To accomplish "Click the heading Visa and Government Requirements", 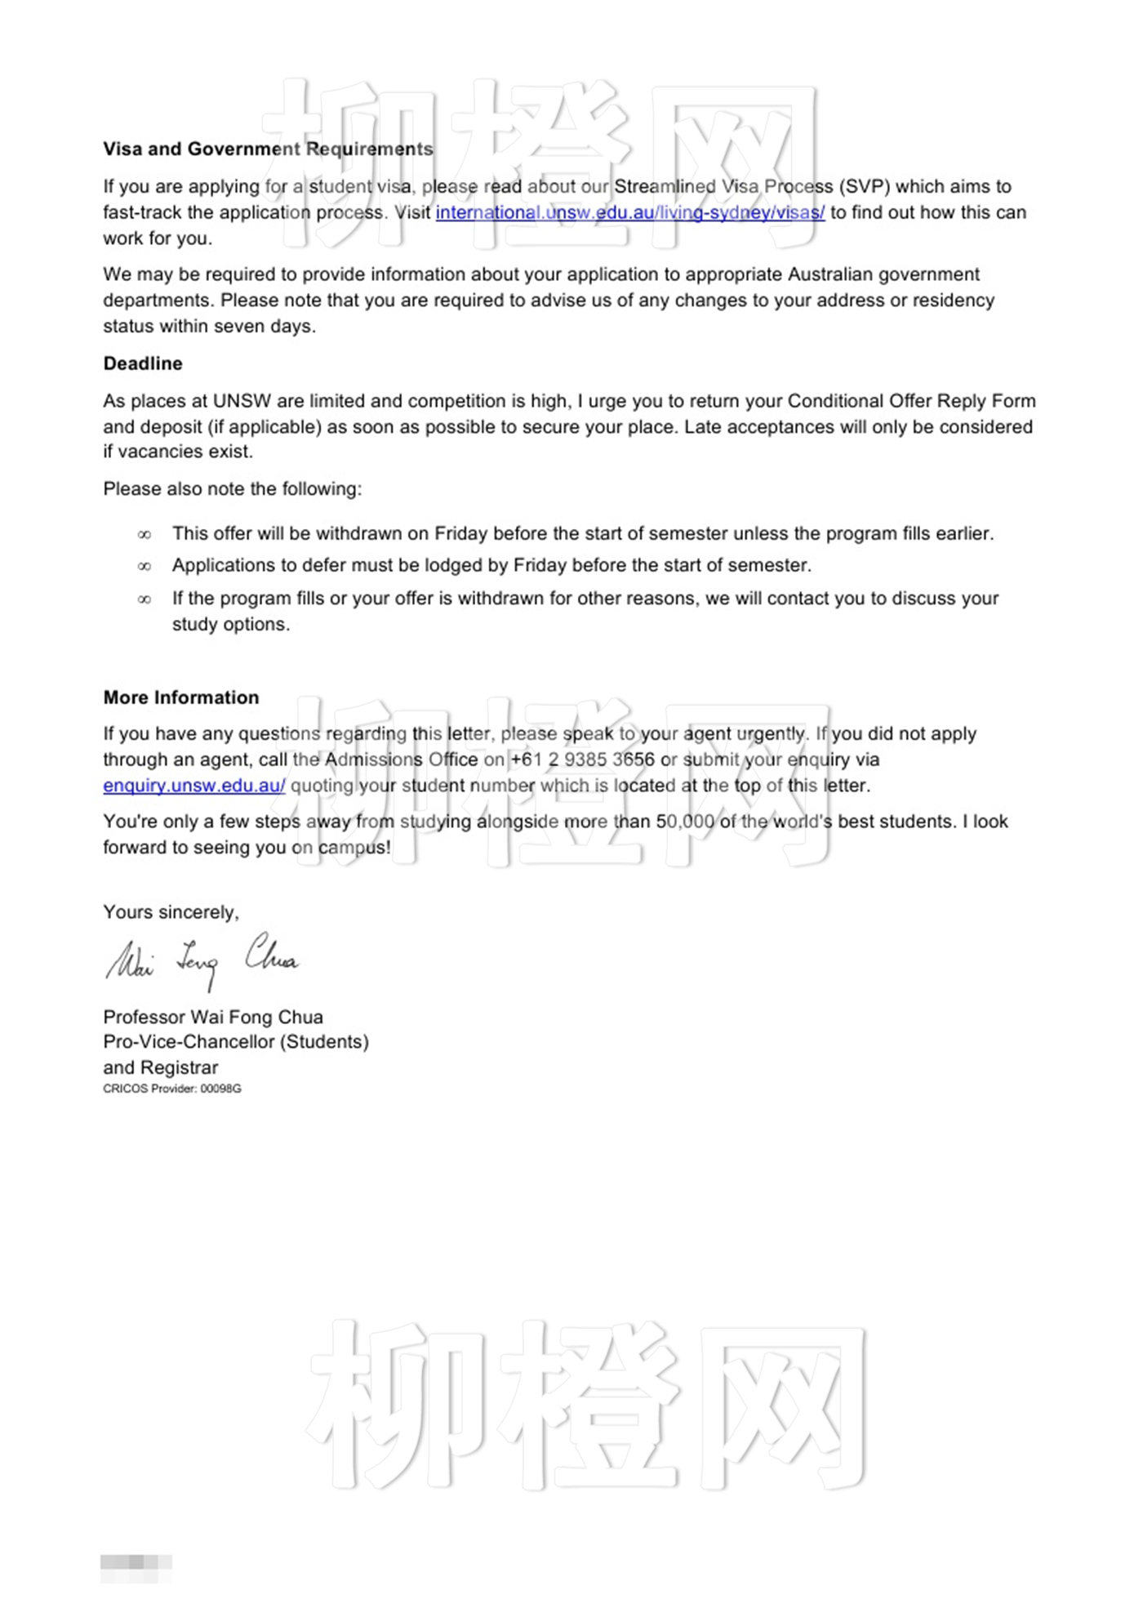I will [268, 149].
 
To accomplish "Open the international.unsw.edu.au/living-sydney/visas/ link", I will [629, 212].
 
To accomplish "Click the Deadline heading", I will [143, 363].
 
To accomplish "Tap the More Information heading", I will [181, 697].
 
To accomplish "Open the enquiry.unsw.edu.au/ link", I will [194, 786].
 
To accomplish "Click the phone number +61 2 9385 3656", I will [582, 759].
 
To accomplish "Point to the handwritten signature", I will [202, 960].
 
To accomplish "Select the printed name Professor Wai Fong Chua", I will [213, 1017].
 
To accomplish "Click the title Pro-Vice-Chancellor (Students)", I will [236, 1042].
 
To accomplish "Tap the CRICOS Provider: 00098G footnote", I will [172, 1089].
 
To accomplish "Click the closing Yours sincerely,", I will [171, 912].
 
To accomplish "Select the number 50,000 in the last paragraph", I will [685, 822].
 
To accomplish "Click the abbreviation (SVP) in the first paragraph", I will [865, 186].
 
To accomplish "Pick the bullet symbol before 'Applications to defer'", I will [145, 566].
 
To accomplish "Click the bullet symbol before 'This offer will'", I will [145, 534].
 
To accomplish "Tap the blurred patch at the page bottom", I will [136, 1562].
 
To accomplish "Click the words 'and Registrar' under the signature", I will [161, 1067].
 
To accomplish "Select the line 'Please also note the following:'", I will [233, 489].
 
